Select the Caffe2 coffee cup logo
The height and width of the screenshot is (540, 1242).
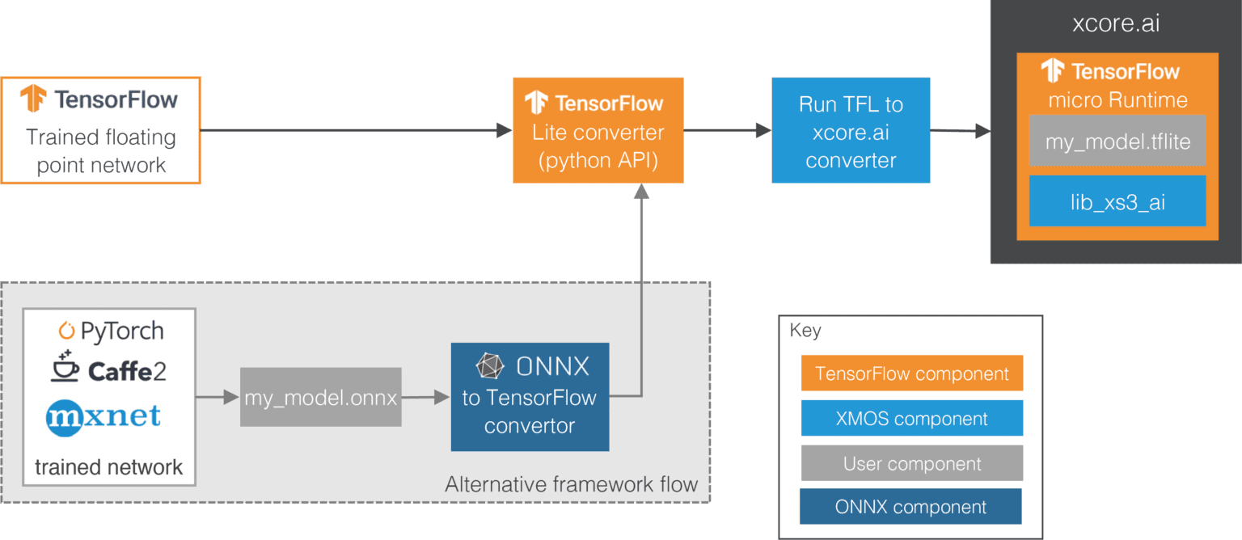point(65,369)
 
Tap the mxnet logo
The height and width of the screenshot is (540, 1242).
point(103,418)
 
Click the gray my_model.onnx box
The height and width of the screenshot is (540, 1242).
point(321,397)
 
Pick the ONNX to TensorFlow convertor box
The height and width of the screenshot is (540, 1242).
point(530,397)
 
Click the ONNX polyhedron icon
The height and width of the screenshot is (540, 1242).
point(489,366)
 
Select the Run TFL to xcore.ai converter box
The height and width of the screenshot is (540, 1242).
point(851,131)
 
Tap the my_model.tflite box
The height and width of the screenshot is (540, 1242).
point(1117,142)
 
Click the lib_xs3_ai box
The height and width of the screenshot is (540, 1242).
point(1117,201)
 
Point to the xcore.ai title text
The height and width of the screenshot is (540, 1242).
point(1116,23)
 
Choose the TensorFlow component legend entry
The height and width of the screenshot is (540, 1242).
point(911,373)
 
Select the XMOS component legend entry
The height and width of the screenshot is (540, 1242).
point(911,419)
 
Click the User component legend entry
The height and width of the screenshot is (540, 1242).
point(911,463)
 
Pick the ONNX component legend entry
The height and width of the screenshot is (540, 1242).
point(910,507)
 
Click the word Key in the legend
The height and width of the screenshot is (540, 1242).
point(805,331)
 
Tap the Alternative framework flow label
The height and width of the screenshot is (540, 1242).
point(571,484)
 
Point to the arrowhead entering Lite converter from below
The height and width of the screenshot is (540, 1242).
point(641,192)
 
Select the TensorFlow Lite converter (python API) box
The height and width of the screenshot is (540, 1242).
point(598,131)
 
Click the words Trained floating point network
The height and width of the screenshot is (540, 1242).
point(101,151)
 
